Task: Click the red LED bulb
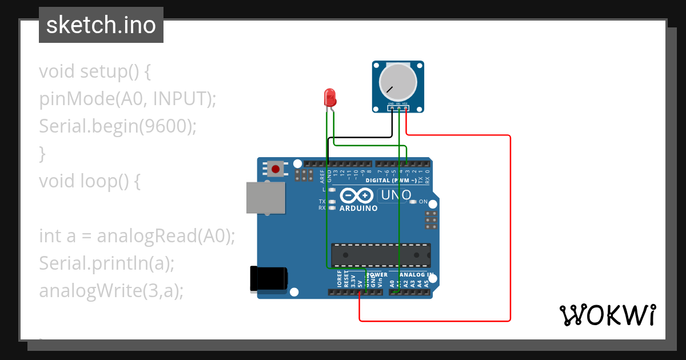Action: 330,97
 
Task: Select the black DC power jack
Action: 269,280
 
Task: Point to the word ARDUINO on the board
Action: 358,209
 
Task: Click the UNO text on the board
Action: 394,195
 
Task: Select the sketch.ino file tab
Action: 101,25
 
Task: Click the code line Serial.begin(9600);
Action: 118,126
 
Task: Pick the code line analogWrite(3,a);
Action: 111,290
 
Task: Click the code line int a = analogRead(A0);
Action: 137,235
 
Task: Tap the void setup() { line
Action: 95,71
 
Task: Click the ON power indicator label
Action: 423,202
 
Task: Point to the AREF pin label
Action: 322,175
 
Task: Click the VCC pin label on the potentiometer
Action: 405,103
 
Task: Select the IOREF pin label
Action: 339,279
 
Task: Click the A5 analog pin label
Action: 426,282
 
